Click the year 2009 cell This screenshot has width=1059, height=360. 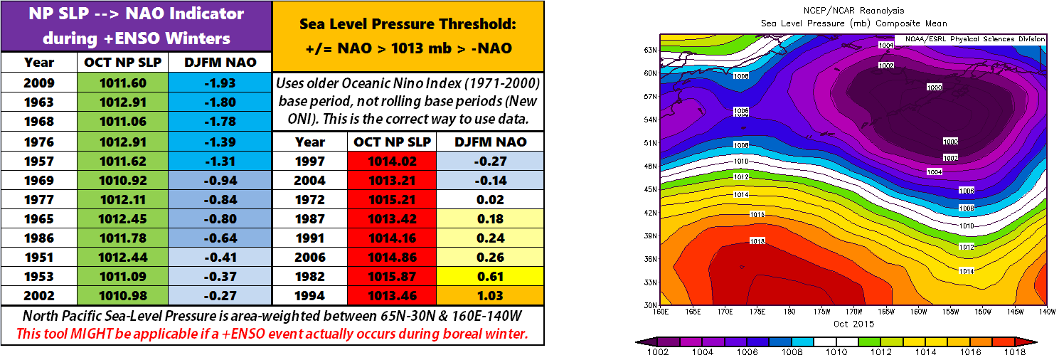[39, 83]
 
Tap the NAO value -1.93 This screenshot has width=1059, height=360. [220, 83]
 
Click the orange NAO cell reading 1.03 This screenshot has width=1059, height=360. [491, 296]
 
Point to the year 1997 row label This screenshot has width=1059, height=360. [309, 162]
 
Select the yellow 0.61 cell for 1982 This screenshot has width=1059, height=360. [491, 277]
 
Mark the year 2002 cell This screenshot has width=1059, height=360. [39, 296]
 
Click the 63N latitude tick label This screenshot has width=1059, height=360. [649, 50]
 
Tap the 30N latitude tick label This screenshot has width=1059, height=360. [649, 305]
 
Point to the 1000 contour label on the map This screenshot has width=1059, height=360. [934, 87]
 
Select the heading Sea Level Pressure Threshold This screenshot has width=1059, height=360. [408, 24]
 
